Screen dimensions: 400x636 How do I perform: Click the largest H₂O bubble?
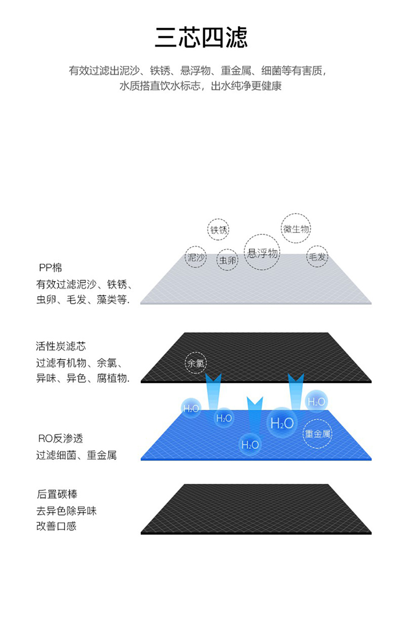tap(282, 423)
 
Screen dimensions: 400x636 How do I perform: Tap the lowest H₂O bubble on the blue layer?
tap(250, 444)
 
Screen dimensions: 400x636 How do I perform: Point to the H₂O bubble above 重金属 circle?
tap(316, 402)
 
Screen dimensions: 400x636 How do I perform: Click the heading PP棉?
tap(50, 268)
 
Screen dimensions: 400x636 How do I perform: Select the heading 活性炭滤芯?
tap(61, 346)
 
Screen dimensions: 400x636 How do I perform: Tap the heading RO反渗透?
tap(60, 439)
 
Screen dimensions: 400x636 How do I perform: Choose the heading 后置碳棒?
tap(57, 494)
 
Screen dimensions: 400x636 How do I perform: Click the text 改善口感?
tap(57, 526)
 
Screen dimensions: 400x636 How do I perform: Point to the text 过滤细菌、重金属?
tap(76, 455)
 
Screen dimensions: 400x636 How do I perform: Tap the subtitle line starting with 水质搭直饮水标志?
tap(200, 86)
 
